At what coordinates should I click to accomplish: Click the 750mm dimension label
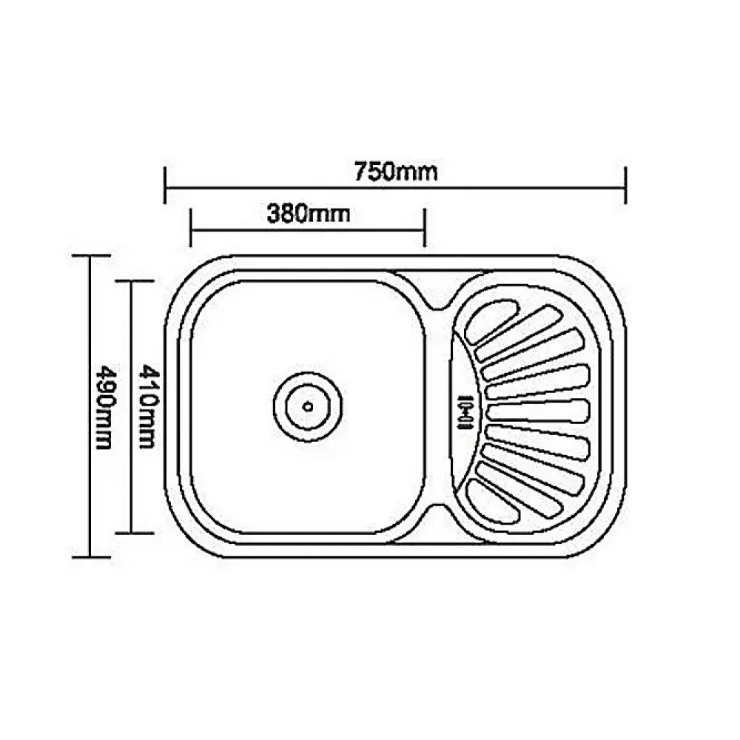[395, 172]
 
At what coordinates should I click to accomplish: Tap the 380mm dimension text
[309, 214]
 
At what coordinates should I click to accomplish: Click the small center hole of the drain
[308, 406]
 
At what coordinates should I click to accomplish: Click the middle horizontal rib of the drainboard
[539, 410]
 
